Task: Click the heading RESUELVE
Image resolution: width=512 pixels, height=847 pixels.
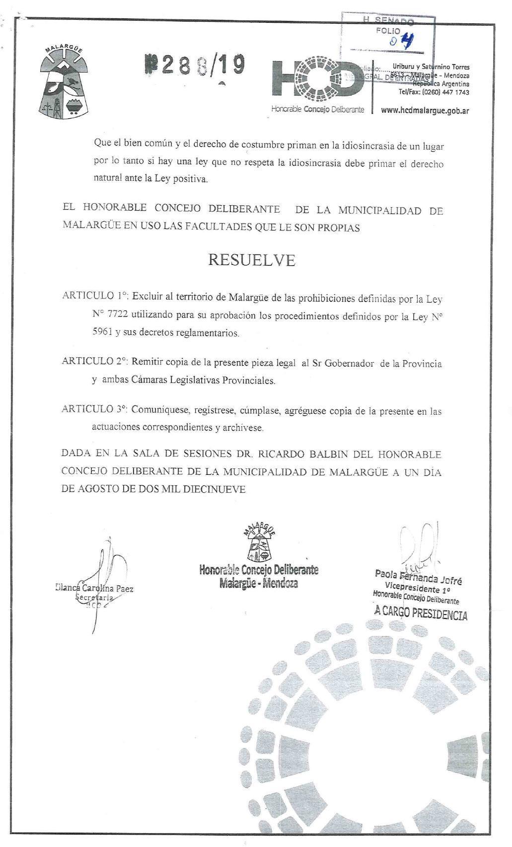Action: pos(251,260)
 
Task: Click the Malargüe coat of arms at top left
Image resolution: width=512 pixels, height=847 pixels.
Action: pos(63,82)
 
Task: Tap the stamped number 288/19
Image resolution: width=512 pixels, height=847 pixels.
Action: pos(195,65)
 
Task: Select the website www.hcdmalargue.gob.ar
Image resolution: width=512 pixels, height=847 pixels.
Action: pos(425,111)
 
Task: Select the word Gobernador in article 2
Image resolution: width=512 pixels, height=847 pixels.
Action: pos(349,364)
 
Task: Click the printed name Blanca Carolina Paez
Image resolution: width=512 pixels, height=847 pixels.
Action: pos(94,589)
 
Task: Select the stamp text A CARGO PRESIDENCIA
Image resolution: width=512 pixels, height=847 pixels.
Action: pos(421,613)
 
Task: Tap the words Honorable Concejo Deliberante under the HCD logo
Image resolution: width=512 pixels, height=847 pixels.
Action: pos(317,109)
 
